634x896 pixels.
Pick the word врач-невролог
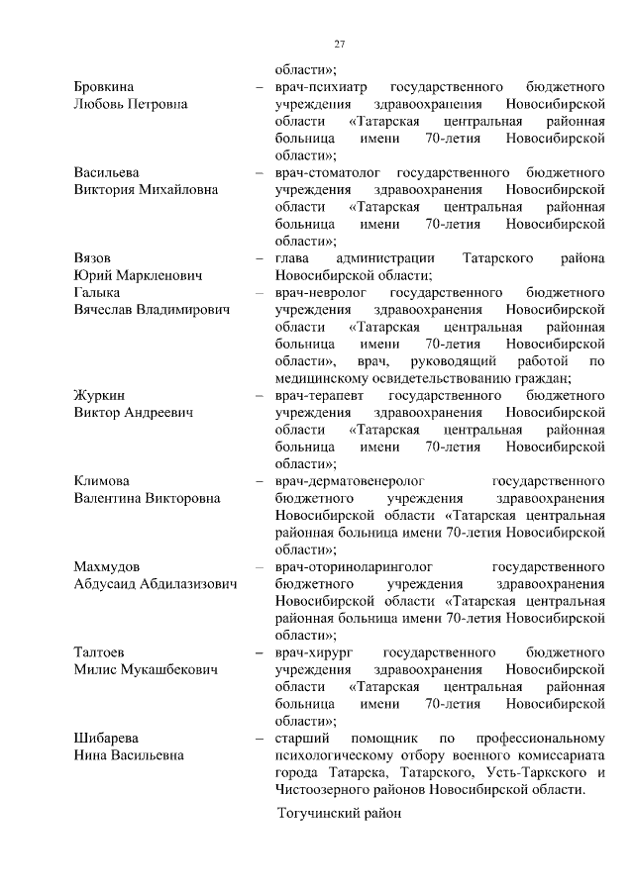coord(321,293)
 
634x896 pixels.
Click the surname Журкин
coord(99,396)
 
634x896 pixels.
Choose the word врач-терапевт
coord(320,396)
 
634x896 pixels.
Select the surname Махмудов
coord(107,567)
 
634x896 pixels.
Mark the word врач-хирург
coord(314,652)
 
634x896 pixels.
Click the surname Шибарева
coord(106,739)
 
